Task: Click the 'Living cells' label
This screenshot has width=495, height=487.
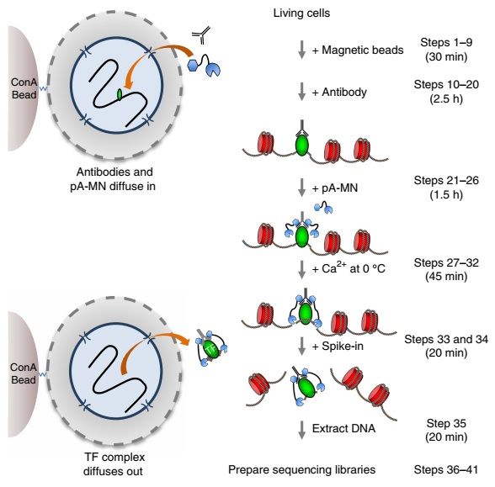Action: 301,13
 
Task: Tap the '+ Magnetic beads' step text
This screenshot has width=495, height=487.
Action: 358,50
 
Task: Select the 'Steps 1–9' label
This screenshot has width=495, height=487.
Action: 446,42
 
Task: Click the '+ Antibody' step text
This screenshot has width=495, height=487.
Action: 339,93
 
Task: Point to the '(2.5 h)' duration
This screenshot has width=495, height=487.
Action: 446,98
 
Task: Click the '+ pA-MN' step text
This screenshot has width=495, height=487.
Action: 335,188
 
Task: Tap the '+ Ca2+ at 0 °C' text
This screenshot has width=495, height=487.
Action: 349,268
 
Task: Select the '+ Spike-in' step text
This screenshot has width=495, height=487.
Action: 338,346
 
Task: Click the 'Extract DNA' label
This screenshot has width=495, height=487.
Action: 343,428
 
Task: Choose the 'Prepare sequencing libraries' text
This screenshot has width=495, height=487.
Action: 301,469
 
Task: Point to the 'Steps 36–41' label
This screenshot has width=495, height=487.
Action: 446,469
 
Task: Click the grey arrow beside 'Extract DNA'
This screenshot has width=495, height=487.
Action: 302,430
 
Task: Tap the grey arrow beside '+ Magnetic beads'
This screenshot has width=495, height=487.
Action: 302,50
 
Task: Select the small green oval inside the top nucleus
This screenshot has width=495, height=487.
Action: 120,94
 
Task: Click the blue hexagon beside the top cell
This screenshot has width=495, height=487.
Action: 193,65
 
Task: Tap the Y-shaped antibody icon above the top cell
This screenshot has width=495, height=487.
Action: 200,35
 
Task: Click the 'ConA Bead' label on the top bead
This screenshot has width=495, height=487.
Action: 24,88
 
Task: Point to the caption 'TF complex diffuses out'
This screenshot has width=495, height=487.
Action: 113,464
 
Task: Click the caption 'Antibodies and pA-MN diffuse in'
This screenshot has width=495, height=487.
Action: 113,179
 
